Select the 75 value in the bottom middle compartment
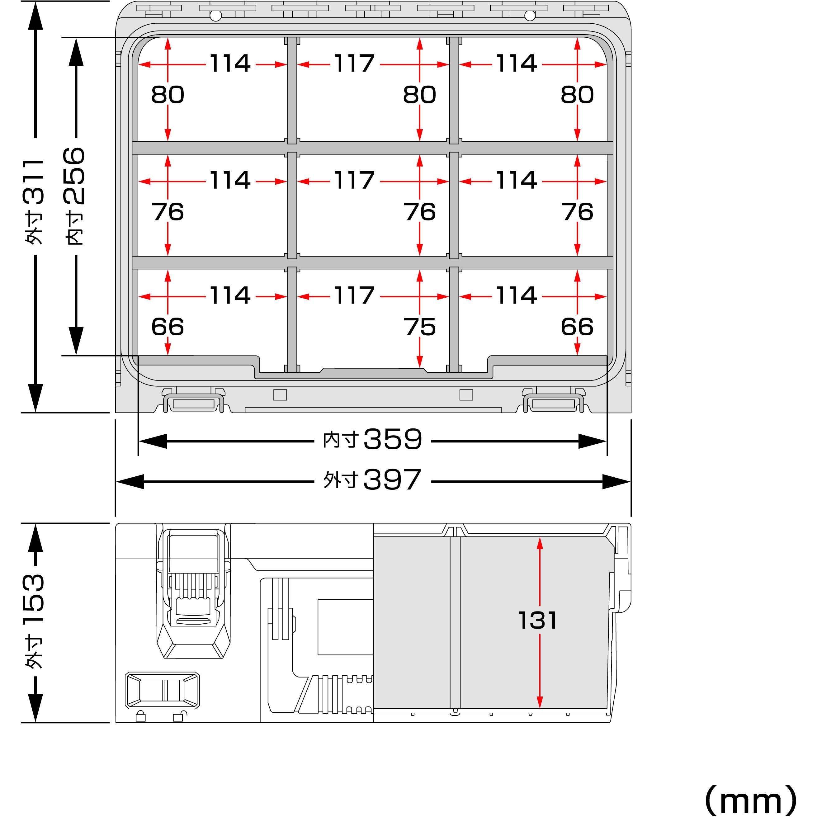point(419,327)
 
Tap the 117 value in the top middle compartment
point(354,64)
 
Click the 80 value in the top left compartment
point(168,94)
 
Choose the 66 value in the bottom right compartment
point(577,327)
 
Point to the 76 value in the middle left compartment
point(168,212)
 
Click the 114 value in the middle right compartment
point(516,181)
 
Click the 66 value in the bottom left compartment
point(168,327)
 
